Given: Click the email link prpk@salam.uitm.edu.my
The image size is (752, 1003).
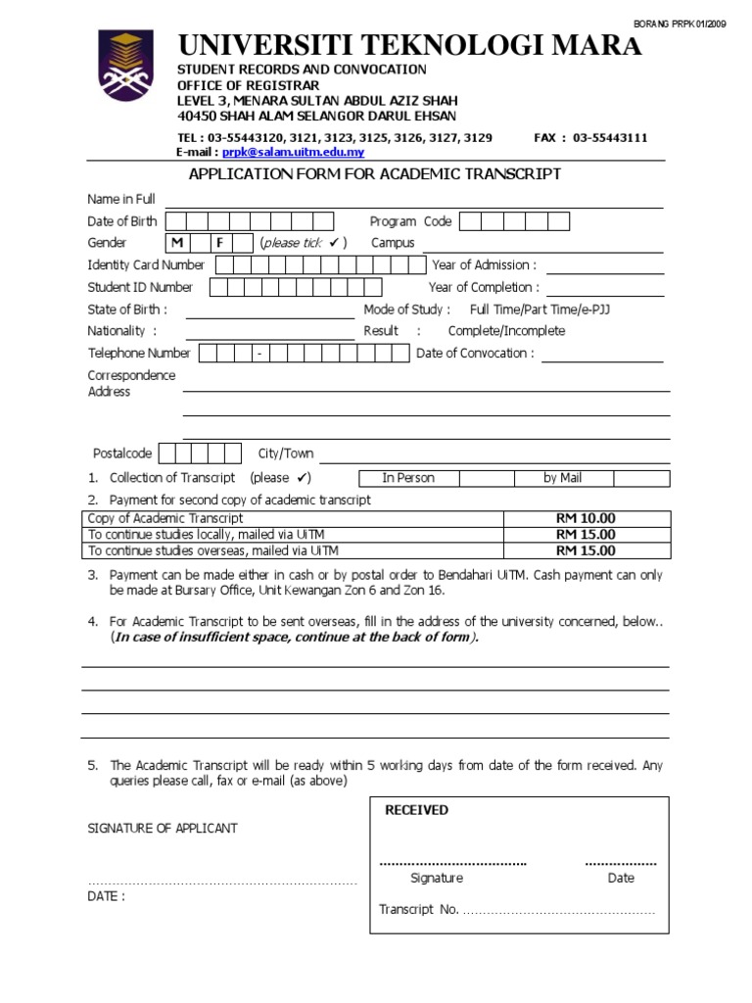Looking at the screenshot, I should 293,153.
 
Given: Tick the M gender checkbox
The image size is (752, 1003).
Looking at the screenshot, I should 177,243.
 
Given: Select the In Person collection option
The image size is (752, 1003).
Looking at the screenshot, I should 408,478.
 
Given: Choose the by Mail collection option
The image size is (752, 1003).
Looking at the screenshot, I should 563,478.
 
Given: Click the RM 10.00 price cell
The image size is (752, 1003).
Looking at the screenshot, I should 586,518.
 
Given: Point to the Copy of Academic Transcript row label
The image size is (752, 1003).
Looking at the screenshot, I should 165,518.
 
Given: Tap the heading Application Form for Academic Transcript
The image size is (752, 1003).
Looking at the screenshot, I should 374,174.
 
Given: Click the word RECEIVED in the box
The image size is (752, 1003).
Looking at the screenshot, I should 416,810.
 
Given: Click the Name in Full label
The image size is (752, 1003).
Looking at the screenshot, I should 121,200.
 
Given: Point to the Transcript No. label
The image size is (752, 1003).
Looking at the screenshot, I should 419,910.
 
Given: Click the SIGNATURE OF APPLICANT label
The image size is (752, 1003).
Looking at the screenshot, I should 163,829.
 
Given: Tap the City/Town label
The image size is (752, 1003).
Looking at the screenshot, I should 286,454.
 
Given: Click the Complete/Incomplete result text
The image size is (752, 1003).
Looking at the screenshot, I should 506,331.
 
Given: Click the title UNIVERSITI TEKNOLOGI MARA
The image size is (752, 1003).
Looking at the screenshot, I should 409,45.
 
